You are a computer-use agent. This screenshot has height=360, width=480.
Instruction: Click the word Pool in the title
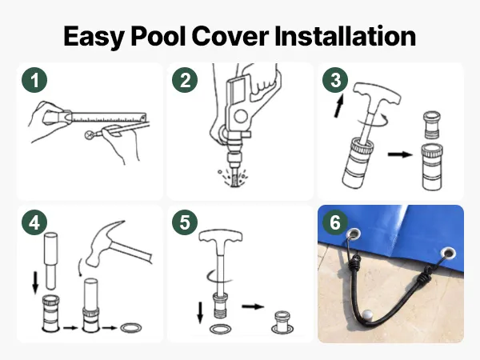(158, 36)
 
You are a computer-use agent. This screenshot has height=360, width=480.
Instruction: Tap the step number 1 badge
(34, 80)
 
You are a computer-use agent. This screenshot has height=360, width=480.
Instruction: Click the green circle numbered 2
(185, 80)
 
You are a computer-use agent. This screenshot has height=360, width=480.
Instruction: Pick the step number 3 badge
(335, 80)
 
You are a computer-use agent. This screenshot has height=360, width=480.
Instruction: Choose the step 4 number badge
(34, 222)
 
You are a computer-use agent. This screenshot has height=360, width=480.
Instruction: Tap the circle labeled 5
(185, 222)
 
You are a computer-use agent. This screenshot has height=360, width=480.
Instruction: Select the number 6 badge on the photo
(335, 222)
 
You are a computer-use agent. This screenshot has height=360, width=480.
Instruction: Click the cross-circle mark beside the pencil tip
(90, 135)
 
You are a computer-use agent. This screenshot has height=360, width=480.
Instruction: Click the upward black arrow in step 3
(339, 106)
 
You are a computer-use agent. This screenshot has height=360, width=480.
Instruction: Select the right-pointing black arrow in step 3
(400, 154)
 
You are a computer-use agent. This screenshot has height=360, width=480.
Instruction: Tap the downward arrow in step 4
(35, 282)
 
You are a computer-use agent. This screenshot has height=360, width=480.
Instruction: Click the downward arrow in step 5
(200, 313)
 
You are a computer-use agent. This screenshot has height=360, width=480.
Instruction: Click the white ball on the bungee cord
(367, 315)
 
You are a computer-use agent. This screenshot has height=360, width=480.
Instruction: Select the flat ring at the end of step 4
(131, 328)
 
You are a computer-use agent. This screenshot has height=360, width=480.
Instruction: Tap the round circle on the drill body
(241, 116)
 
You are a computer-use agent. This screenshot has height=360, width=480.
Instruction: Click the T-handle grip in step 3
(377, 93)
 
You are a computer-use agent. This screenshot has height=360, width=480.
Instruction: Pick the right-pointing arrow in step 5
(253, 306)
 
